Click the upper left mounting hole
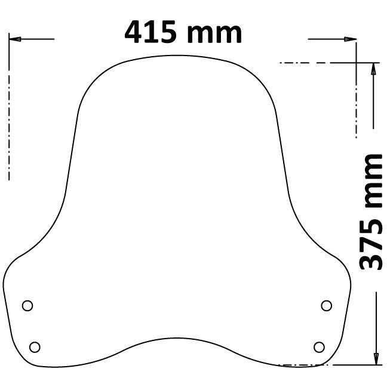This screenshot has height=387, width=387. point(27,306)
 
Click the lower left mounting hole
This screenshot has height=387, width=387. point(35,347)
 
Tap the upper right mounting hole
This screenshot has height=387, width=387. point(326,306)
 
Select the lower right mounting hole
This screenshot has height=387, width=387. point(319,347)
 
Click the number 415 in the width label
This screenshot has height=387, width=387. point(151,32)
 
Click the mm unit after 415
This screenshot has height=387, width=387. point(214,34)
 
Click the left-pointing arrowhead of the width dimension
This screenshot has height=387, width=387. point(15,39)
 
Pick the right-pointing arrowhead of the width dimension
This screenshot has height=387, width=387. point(351,39)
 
